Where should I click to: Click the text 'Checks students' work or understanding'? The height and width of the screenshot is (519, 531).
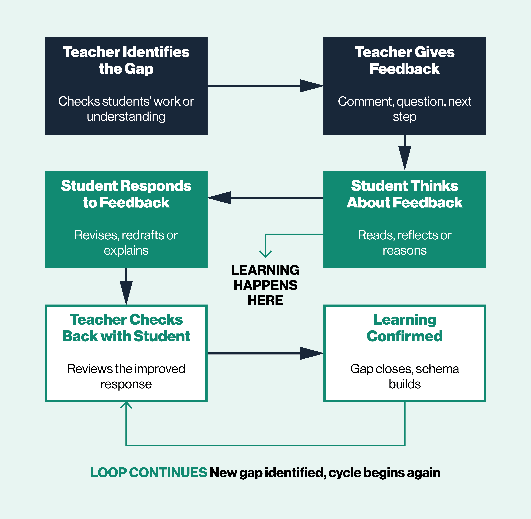(x=126, y=109)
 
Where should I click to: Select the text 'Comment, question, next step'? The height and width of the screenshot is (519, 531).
(x=405, y=109)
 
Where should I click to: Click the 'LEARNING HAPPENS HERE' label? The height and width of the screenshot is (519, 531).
(x=265, y=285)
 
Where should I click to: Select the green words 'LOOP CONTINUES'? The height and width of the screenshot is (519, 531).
(x=149, y=472)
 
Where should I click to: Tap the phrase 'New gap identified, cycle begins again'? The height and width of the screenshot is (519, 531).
(x=325, y=472)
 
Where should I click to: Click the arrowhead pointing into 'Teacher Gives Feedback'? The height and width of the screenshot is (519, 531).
(x=311, y=86)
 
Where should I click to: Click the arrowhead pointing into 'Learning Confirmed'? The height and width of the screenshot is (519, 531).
(x=311, y=353)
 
